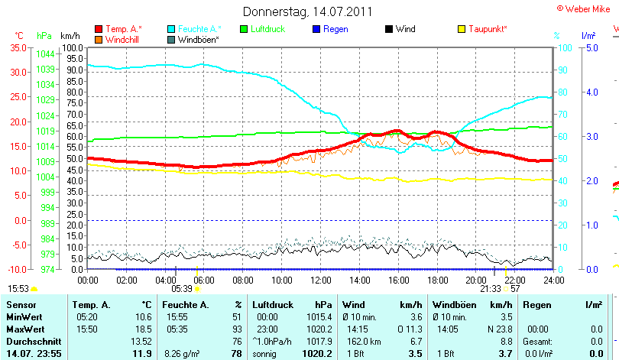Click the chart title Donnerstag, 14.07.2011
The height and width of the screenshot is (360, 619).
point(307,11)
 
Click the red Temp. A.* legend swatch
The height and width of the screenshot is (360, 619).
point(99,29)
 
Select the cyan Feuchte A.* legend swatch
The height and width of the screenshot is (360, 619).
point(171,29)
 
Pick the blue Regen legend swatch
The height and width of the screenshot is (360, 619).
point(317,29)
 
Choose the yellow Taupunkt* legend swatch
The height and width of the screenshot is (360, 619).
point(462,29)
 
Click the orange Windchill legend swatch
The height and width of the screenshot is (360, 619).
point(99,39)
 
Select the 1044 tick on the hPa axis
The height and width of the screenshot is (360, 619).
point(45,54)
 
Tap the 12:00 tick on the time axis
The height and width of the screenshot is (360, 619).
point(322,280)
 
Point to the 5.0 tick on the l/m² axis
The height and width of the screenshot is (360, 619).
point(591,47)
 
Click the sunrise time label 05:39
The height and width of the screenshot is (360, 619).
point(181,289)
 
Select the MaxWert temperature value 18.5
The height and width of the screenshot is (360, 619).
point(143,329)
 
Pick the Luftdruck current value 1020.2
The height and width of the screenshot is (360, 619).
point(318,353)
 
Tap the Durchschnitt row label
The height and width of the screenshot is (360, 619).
point(31,341)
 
